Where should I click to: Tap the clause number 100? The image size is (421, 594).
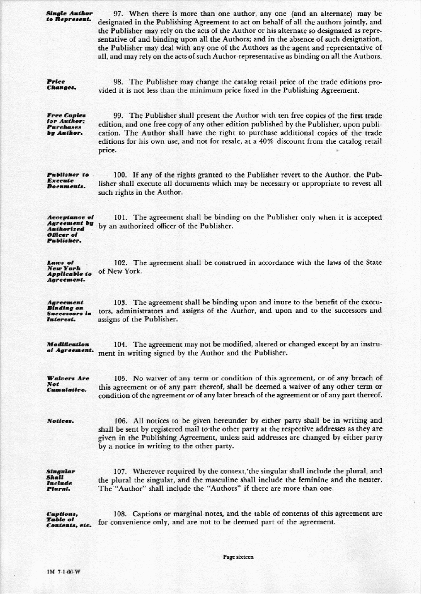(x=122, y=175)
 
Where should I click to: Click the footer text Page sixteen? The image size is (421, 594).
(x=238, y=557)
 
